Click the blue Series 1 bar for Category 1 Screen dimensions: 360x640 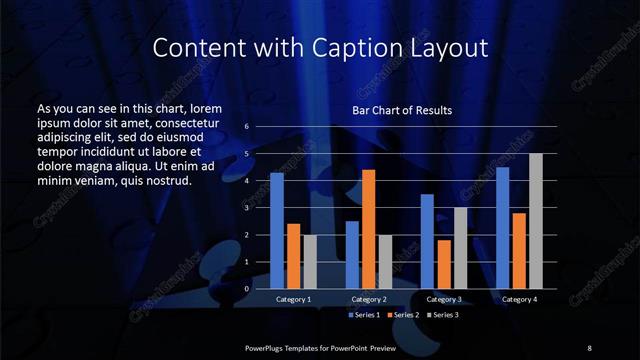point(277,231)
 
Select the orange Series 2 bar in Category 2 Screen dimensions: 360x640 point(369,229)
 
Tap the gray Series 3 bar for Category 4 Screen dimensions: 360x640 point(536,221)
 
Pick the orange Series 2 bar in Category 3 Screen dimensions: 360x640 point(444,264)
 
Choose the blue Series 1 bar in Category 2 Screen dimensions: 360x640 point(352,255)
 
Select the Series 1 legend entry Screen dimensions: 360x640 point(363,315)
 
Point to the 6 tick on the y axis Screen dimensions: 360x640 point(246,127)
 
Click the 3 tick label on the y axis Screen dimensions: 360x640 point(246,208)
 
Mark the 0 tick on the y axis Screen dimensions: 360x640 point(246,289)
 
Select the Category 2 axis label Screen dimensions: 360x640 point(368,299)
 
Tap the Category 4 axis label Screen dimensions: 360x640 point(519,299)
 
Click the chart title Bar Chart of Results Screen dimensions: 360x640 point(402,110)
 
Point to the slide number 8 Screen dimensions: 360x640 point(589,347)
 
